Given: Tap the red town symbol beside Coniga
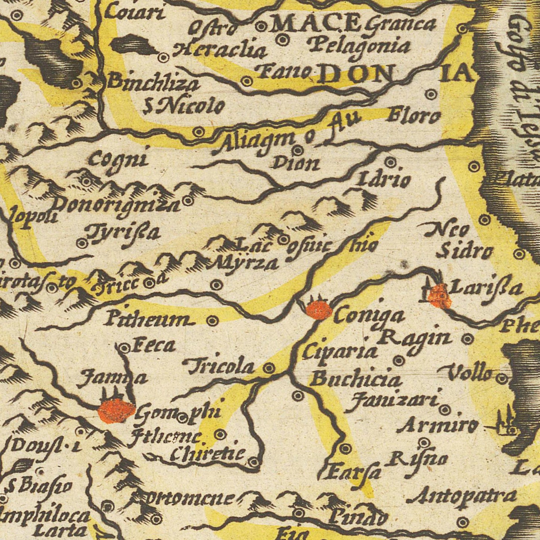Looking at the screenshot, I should pos(319,309).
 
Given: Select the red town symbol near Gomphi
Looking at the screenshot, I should pos(116,410).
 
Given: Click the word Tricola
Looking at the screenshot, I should pos(221,367).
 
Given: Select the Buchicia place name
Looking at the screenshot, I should pos(356,380).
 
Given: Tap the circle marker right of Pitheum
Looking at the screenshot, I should pos(212,320).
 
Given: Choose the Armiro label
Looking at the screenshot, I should pos(437,426).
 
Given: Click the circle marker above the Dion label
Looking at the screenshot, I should pos(297,151).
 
